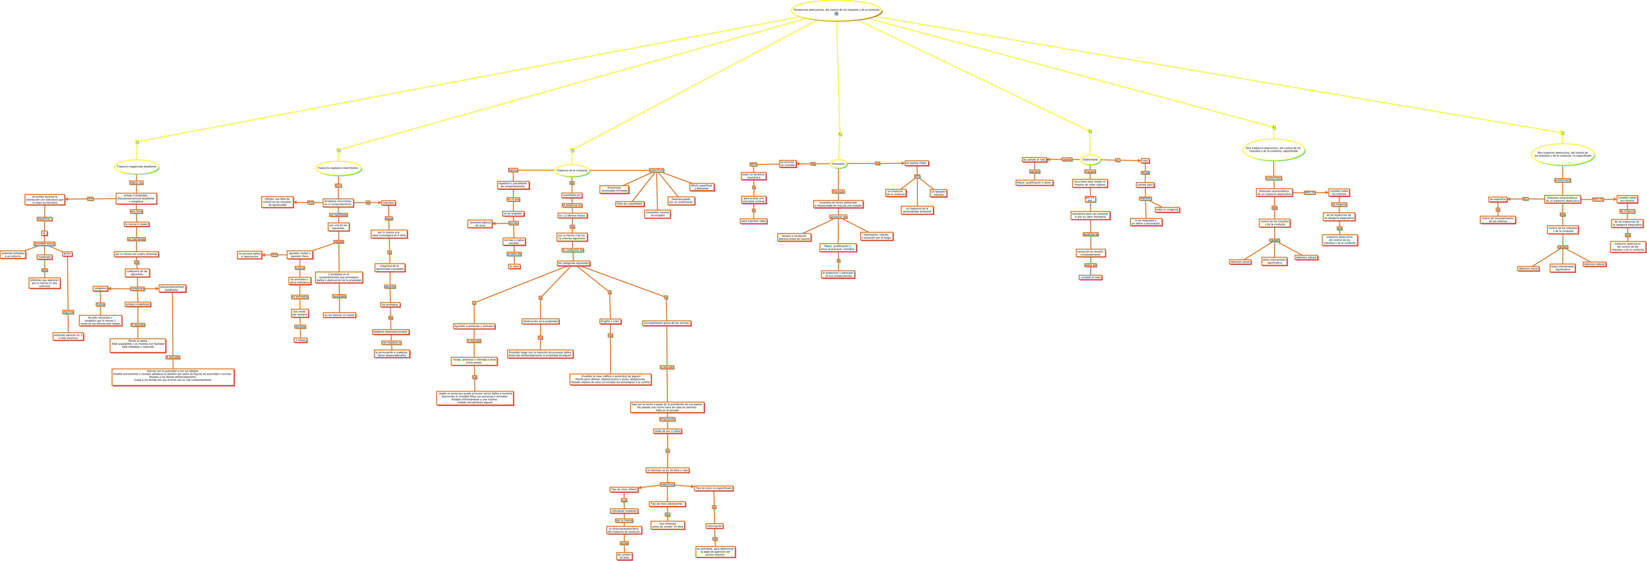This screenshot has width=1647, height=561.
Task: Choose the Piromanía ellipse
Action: coord(838,164)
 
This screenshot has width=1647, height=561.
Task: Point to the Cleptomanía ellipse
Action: coord(1090,159)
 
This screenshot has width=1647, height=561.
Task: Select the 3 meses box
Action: coord(300,340)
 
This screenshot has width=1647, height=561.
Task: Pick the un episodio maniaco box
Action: coord(938,193)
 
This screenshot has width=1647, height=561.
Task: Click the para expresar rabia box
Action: coord(753,221)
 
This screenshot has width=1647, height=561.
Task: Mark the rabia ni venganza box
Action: coord(1167,209)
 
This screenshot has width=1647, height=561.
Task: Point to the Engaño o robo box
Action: coord(610,321)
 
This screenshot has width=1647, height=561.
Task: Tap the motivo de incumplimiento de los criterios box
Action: coord(1497,219)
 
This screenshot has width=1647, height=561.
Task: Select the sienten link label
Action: coord(1034,171)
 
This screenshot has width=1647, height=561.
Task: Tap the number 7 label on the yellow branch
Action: coord(1562,133)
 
